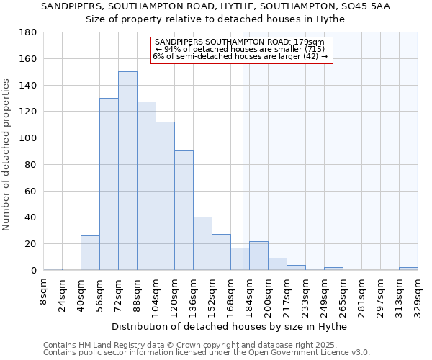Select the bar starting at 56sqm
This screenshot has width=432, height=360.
109,184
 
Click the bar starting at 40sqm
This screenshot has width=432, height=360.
90,253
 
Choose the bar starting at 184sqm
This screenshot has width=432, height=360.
258,256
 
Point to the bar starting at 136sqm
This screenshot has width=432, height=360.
202,243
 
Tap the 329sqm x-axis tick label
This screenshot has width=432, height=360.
418,293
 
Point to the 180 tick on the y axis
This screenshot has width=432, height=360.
29,32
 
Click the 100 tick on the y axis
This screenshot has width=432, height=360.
29,138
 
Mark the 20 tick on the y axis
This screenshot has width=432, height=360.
32,244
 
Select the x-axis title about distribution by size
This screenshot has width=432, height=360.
230,327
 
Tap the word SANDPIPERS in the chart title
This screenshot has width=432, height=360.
68,6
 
